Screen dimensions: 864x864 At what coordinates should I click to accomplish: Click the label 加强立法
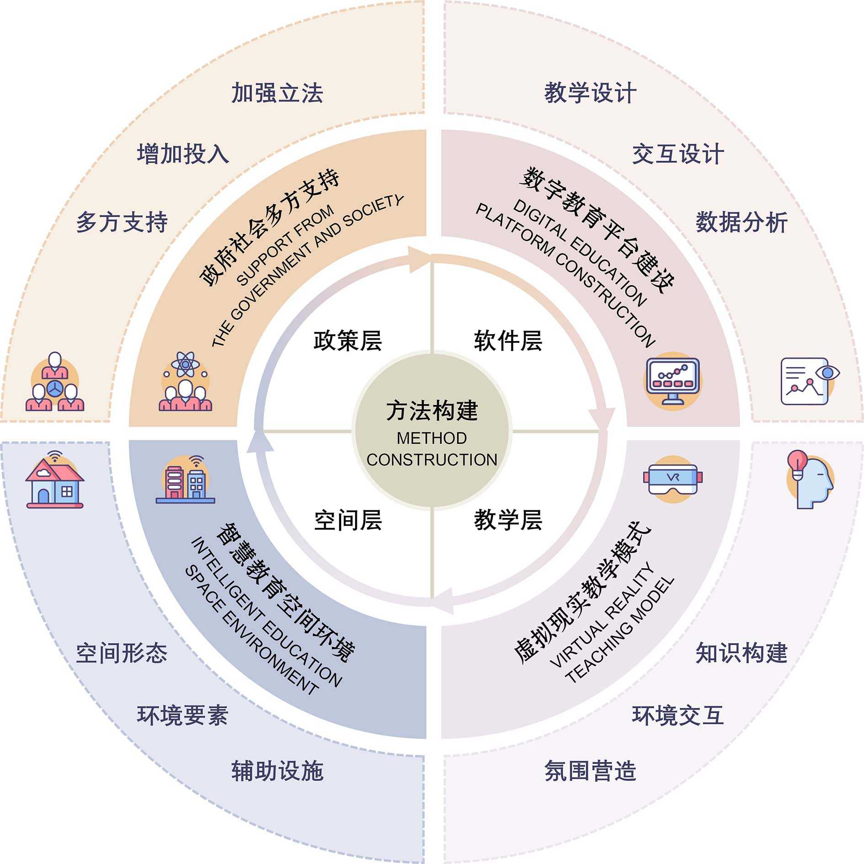[277, 93]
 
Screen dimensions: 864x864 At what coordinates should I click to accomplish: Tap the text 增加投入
[183, 154]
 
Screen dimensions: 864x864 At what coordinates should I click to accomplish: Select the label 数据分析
[741, 223]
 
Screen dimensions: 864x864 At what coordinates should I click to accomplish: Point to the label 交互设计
[677, 154]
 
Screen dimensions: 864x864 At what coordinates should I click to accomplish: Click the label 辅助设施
[277, 771]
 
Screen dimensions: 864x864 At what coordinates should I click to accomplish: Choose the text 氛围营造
[590, 771]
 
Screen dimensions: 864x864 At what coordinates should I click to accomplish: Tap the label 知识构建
[741, 653]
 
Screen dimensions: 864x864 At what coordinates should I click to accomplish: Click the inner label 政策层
[347, 341]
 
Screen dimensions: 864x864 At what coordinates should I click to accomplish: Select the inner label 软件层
[508, 341]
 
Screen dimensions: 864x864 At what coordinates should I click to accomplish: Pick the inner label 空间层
[347, 520]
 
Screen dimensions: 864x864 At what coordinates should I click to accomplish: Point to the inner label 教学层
[508, 520]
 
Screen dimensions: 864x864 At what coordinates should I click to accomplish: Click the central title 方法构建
[432, 410]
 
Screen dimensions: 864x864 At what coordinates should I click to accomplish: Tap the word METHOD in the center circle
[432, 438]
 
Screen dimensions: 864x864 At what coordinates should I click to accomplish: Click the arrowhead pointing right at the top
[420, 259]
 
